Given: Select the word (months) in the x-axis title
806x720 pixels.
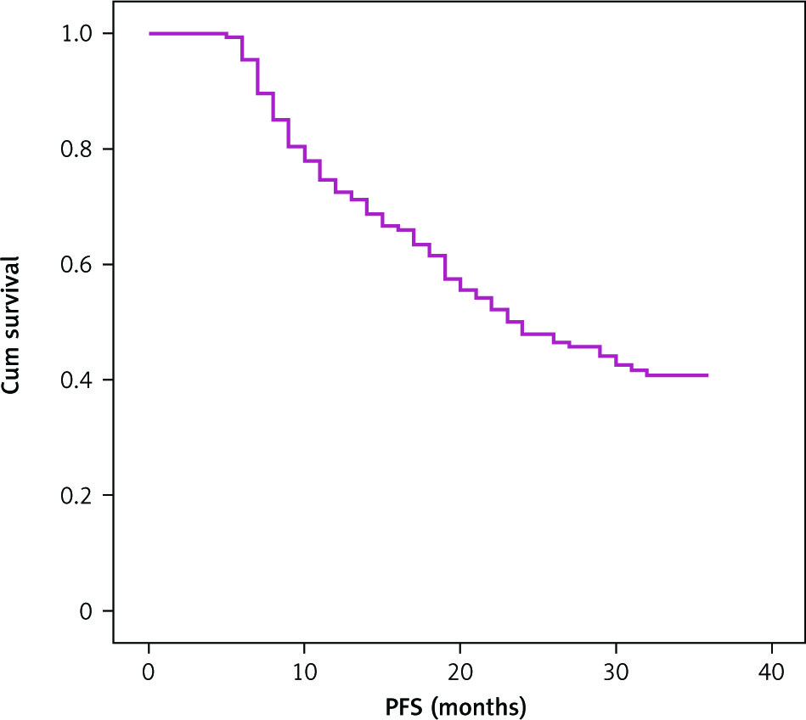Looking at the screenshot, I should coord(482,706).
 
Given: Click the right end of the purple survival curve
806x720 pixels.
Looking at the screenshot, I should coord(707,375).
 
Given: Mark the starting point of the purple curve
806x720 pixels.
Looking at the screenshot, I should coord(149,34).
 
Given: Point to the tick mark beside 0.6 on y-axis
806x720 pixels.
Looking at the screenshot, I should coord(108,265).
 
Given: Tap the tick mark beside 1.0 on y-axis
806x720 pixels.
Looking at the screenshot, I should coord(108,34).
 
